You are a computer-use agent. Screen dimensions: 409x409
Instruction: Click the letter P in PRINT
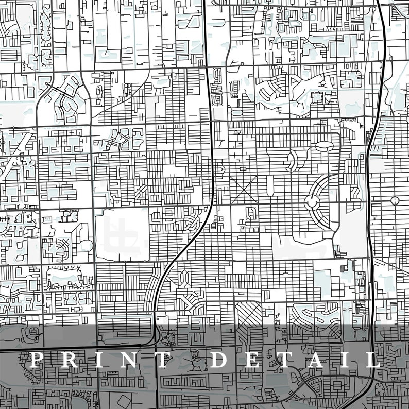pyautogui.click(x=37, y=360)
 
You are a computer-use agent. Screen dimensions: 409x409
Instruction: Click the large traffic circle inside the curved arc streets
pyautogui.click(x=313, y=201)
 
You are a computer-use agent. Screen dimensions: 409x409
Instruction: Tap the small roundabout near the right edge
pyautogui.click(x=395, y=200)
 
